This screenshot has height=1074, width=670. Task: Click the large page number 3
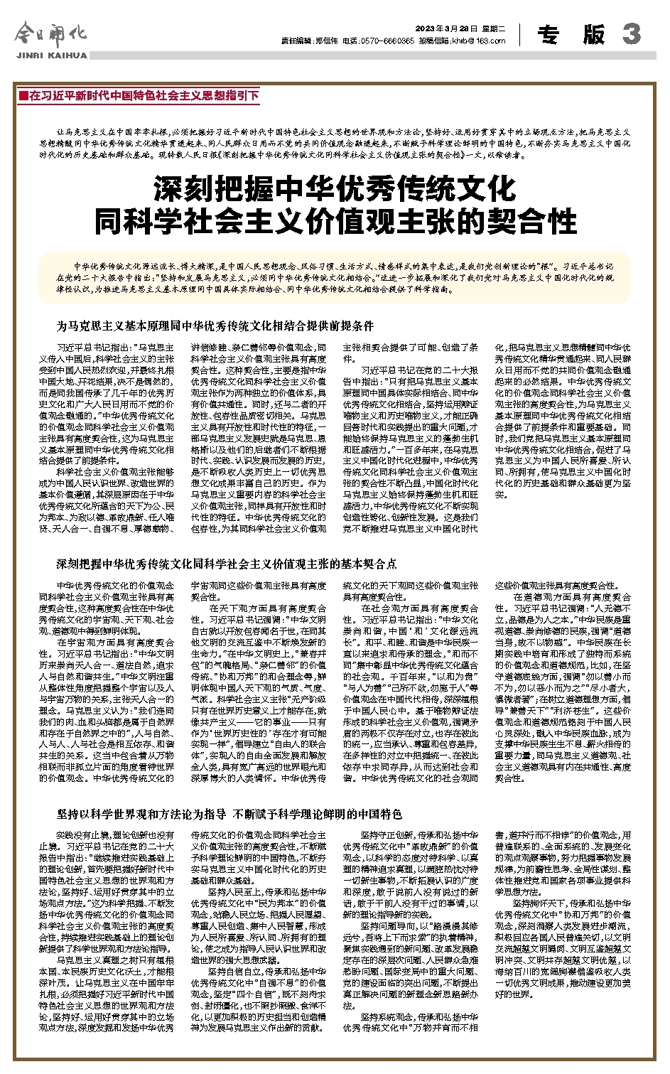[631, 33]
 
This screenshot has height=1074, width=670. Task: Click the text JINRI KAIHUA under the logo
[50, 55]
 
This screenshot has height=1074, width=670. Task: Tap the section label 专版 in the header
[571, 34]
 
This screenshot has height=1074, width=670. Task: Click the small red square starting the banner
[23, 95]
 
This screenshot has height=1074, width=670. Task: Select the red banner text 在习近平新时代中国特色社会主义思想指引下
[143, 95]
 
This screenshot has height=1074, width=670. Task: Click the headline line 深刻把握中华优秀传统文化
[335, 189]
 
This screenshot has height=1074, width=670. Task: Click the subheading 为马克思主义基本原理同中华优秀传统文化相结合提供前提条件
[215, 326]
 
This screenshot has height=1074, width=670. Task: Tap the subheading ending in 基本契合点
[227, 564]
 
